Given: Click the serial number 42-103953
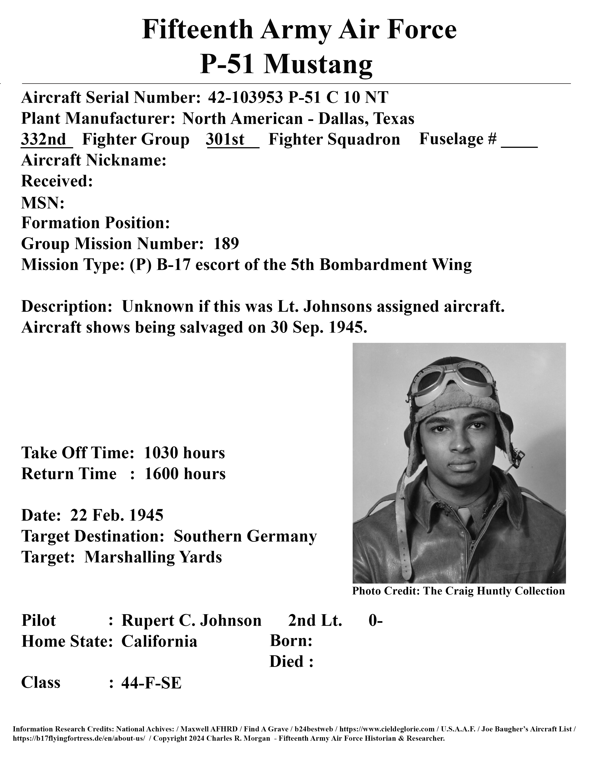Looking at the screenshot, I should (x=245, y=97).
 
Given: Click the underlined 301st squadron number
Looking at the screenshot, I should (x=225, y=139).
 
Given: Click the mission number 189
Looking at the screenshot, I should (x=226, y=243).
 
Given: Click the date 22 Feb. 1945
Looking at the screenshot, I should (x=117, y=515).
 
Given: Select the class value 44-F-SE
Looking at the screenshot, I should (x=151, y=682).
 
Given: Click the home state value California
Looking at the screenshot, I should (x=159, y=641).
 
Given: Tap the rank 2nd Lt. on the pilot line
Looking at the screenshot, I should (x=315, y=620).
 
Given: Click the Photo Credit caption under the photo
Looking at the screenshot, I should (x=458, y=591).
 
